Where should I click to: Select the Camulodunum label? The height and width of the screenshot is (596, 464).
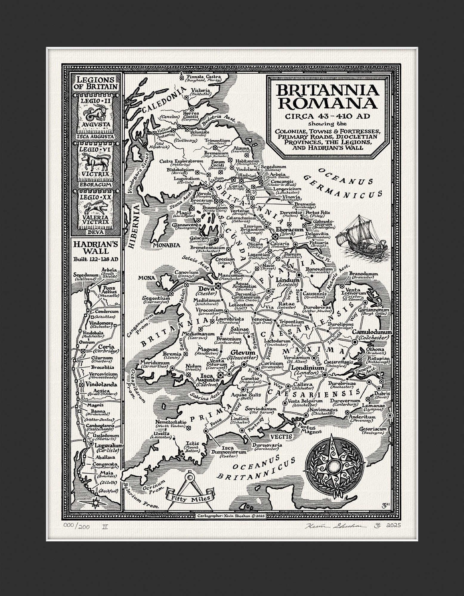(x=372, y=332)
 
